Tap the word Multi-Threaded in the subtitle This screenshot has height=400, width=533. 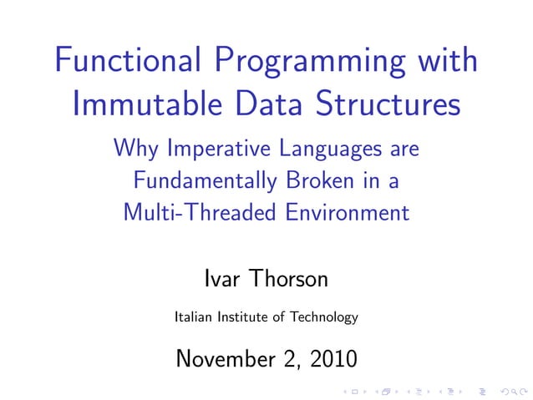[x=197, y=212]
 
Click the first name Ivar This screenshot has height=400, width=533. [x=221, y=278]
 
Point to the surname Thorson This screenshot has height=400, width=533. [x=287, y=278]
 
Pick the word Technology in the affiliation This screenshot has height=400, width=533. [x=322, y=318]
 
